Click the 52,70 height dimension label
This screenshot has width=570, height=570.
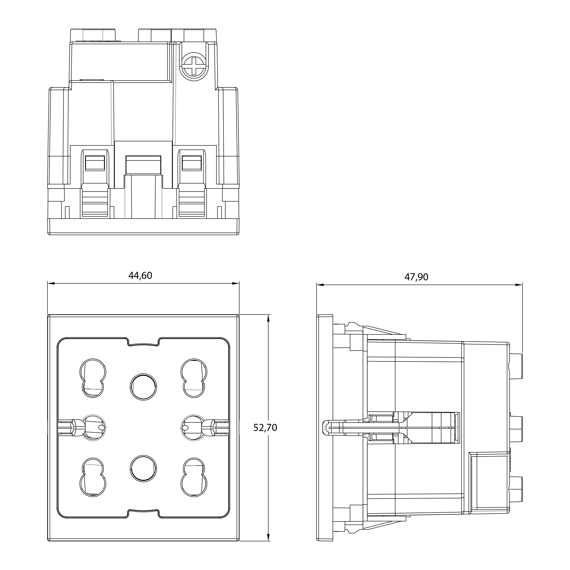click(265, 428)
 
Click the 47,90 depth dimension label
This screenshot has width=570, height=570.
click(416, 277)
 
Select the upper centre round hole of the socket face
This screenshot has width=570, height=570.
click(143, 387)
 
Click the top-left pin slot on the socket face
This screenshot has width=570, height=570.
click(93, 378)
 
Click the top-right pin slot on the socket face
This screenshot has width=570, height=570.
click(194, 378)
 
